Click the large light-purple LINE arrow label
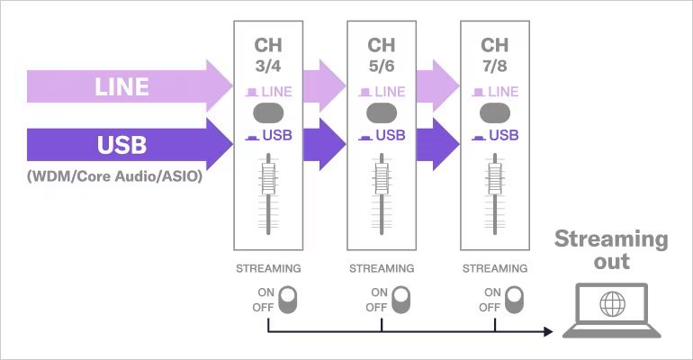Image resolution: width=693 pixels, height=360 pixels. (121, 87)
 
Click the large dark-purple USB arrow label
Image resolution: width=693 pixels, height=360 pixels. (121, 145)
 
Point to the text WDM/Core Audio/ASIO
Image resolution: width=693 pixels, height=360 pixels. (114, 175)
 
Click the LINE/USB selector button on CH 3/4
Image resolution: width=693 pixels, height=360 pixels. (268, 113)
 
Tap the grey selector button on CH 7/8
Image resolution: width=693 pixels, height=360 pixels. (494, 113)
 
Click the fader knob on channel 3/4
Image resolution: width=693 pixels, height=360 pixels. (268, 175)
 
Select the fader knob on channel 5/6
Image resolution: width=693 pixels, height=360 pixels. (382, 175)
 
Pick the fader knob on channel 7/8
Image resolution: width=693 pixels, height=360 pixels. (494, 175)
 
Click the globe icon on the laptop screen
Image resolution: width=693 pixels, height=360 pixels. (612, 303)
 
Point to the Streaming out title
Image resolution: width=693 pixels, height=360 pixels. (611, 250)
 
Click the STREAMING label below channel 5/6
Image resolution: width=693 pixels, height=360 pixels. (382, 268)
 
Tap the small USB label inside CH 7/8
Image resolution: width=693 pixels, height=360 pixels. (502, 136)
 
